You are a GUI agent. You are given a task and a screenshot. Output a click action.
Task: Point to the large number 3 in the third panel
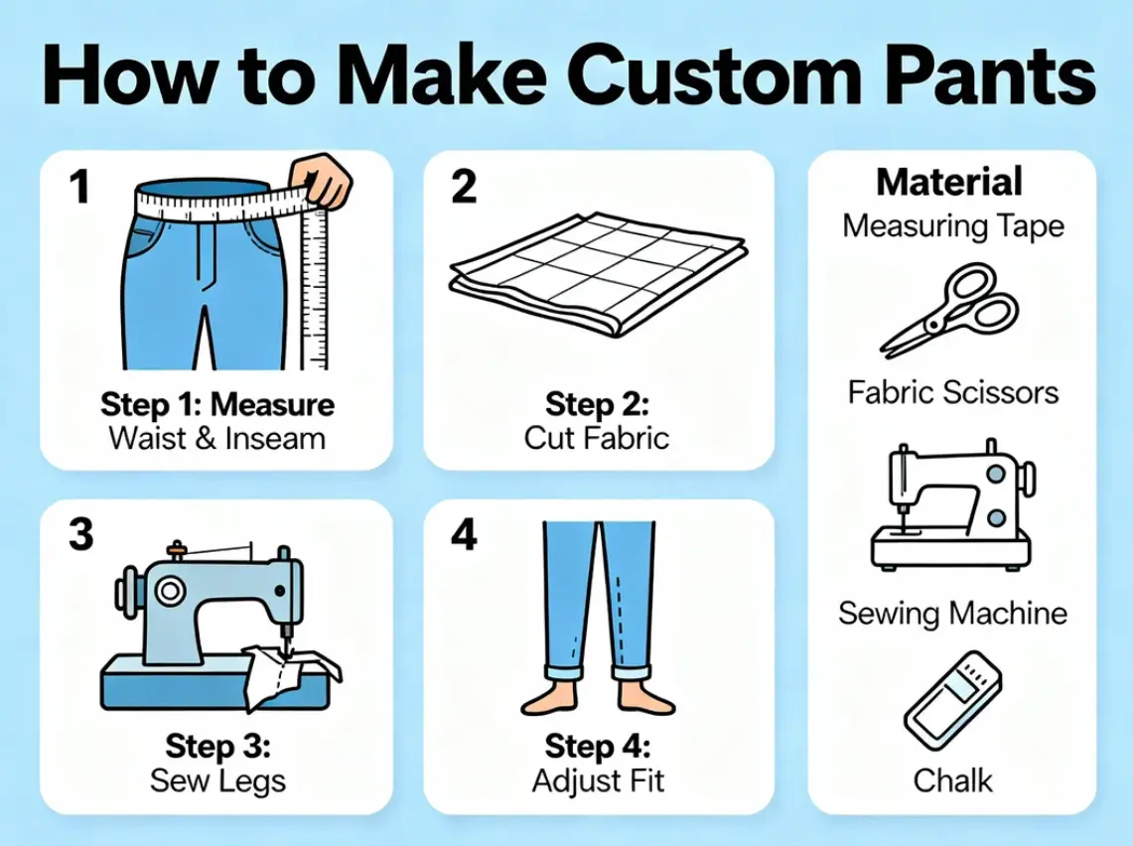[81, 535]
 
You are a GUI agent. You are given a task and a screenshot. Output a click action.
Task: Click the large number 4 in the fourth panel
[464, 535]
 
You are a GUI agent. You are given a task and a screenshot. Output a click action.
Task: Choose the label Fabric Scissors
[953, 392]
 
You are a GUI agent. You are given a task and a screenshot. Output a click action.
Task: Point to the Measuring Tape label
[953, 226]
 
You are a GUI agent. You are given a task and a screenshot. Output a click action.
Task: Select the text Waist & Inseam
[216, 437]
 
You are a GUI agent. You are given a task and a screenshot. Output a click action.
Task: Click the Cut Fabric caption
[598, 437]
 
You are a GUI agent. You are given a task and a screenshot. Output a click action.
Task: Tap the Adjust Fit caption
[598, 780]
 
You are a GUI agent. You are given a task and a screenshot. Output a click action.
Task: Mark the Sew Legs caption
[217, 780]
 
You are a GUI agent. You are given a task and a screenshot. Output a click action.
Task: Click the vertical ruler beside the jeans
[315, 288]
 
